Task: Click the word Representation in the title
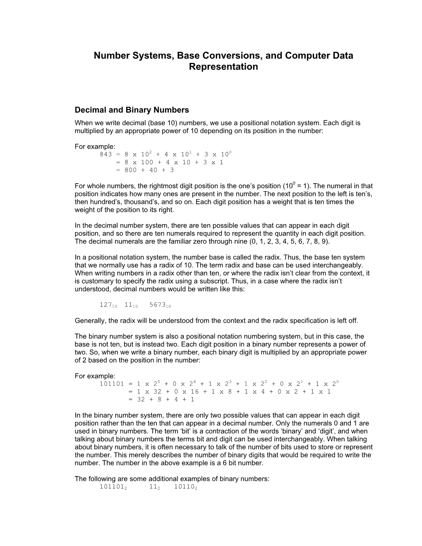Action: coord(223,67)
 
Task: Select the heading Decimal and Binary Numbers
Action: coord(132,110)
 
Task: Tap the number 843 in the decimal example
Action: coord(106,154)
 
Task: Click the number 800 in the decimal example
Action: coord(131,170)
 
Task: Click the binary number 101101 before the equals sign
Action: coord(112,384)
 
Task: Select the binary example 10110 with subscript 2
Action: coord(185,487)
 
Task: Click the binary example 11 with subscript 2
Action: coord(154,487)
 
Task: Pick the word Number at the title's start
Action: coord(109,55)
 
